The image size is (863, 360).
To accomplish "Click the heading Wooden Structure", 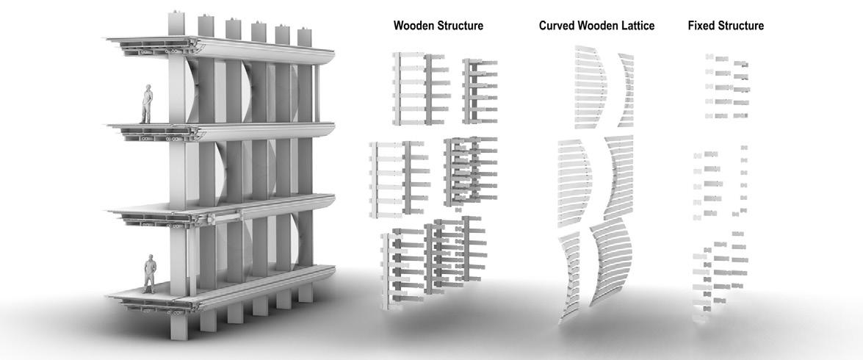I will coord(438,26).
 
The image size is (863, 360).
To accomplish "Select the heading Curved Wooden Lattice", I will coord(596,26).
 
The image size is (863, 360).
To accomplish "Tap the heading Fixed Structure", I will coord(726,26).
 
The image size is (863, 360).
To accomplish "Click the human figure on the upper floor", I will coord(147,105).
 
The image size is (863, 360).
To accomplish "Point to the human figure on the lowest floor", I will coord(150,274).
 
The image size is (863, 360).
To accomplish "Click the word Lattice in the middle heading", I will coord(636,26).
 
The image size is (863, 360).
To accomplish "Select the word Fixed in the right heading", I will coord(703,26).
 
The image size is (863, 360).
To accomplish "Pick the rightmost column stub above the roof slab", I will coord(304,35).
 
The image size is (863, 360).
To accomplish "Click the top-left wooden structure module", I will coord(420,87).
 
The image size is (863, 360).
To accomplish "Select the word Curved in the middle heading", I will coord(557,26).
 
